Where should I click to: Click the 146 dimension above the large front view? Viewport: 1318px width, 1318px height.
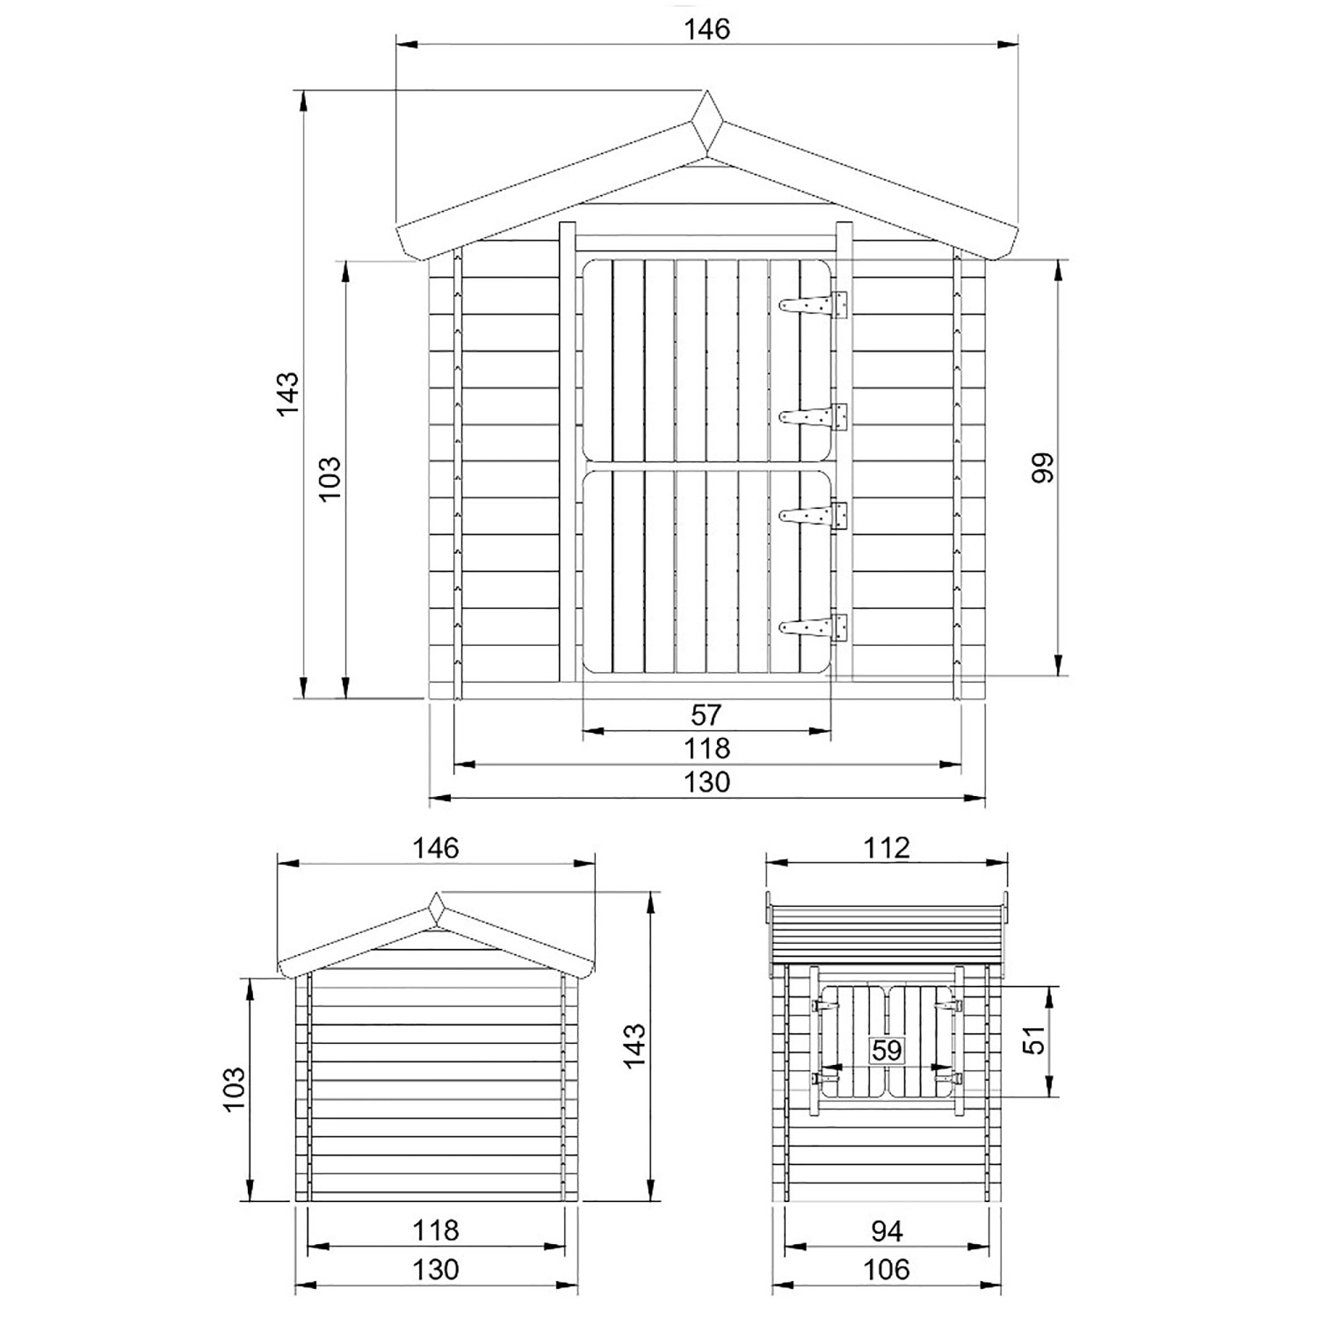[707, 29]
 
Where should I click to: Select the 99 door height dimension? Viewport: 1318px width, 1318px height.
[1043, 467]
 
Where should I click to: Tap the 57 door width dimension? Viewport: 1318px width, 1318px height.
[706, 715]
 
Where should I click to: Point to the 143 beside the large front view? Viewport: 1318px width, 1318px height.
[287, 394]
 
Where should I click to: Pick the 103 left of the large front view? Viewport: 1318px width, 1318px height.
[329, 478]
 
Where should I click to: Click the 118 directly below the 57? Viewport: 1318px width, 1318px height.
[706, 749]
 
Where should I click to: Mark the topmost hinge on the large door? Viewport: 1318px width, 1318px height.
[815, 305]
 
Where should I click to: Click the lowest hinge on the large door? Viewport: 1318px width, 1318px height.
[815, 627]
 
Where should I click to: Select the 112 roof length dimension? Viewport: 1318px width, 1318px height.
[886, 848]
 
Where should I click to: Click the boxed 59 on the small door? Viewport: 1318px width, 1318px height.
[887, 1050]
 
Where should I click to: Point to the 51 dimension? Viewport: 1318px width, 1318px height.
[1038, 1040]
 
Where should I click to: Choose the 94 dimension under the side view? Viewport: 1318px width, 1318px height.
[887, 1231]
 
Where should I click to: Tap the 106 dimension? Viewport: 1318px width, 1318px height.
[887, 1270]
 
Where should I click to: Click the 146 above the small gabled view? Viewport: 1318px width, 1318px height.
[437, 848]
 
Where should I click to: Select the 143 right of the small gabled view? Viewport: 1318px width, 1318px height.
[633, 1046]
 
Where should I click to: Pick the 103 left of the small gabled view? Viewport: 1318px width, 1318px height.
[233, 1090]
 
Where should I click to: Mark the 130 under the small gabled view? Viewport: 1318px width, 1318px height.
[436, 1270]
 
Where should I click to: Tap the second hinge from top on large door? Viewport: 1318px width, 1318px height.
[815, 416]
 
